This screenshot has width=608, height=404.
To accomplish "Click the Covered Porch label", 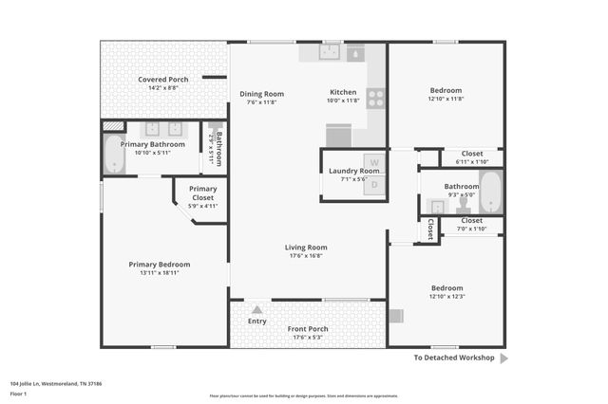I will coord(162,79).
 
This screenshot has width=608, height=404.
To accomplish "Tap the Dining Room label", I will coord(261,93).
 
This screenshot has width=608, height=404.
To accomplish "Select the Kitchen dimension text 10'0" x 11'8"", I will coord(343,101).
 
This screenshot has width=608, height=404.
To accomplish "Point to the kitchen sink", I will coord(331,52).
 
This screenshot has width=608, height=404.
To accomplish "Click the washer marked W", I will coord(374,162).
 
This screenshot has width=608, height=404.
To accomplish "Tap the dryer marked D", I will coord(374,185).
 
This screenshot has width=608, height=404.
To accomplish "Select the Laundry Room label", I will coord(354,171).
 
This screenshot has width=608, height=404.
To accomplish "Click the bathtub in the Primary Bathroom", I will coord(114,155).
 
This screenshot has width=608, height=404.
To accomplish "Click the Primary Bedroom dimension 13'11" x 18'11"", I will coord(160,273).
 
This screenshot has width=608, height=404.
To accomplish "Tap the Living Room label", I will coord(306,248).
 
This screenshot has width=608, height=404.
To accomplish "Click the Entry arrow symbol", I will coord(256,308).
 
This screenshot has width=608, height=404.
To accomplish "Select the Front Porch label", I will coord(308,328).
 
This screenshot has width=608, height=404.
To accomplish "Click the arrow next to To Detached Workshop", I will coord(503,358).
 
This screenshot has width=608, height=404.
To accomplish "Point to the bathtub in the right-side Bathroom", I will coord(490,192).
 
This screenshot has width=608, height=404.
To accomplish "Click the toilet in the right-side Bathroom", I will coord(464,205).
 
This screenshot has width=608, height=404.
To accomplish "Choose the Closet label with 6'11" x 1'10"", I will coord(472,153).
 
